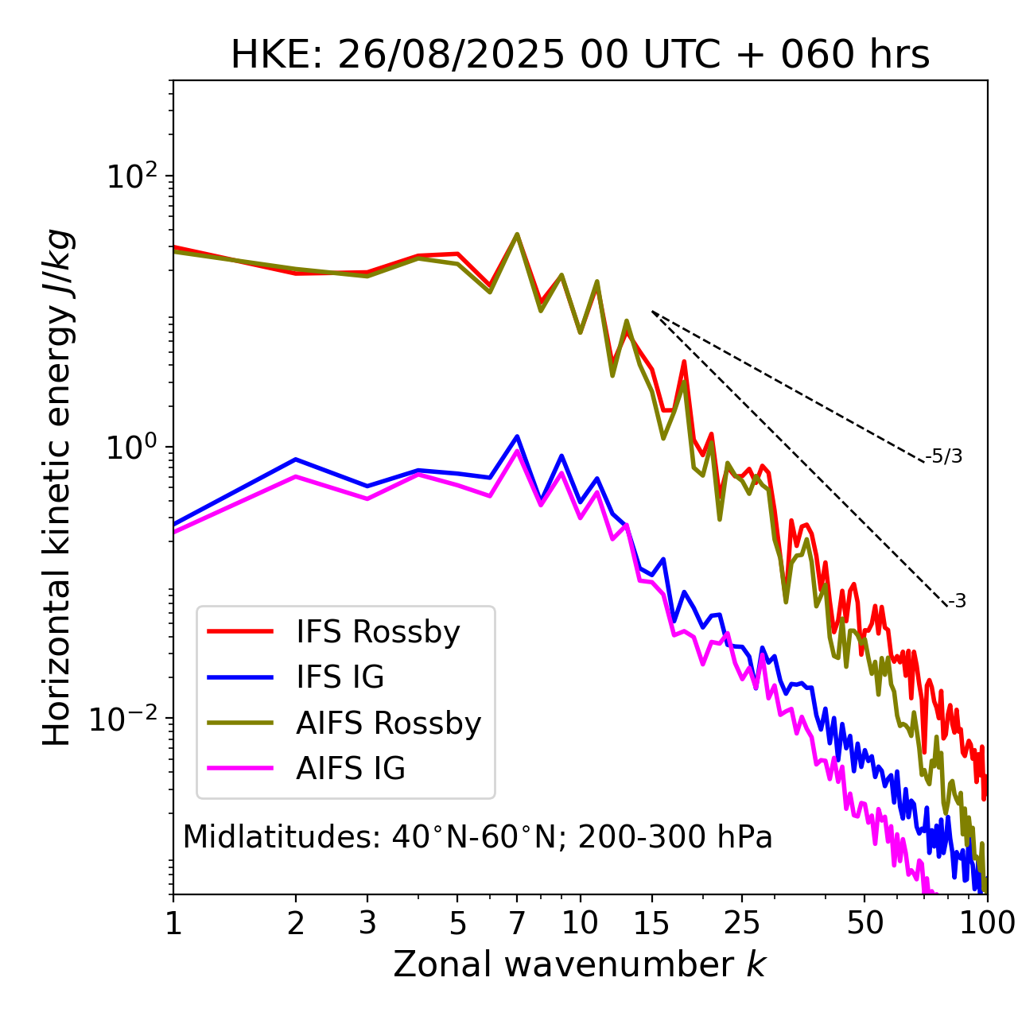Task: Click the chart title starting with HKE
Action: click(580, 56)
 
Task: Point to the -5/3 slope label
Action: click(944, 456)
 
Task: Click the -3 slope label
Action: click(957, 602)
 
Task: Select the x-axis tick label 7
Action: click(517, 923)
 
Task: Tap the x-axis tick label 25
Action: click(741, 923)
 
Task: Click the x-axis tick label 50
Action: click(865, 923)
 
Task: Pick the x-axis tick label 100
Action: click(986, 923)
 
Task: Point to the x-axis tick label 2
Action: click(296, 923)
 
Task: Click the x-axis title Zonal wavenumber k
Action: click(580, 964)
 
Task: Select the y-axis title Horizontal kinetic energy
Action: click(57, 487)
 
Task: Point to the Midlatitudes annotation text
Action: click(477, 837)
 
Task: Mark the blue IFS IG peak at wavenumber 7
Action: click(517, 436)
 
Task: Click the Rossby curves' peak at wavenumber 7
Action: click(517, 235)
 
